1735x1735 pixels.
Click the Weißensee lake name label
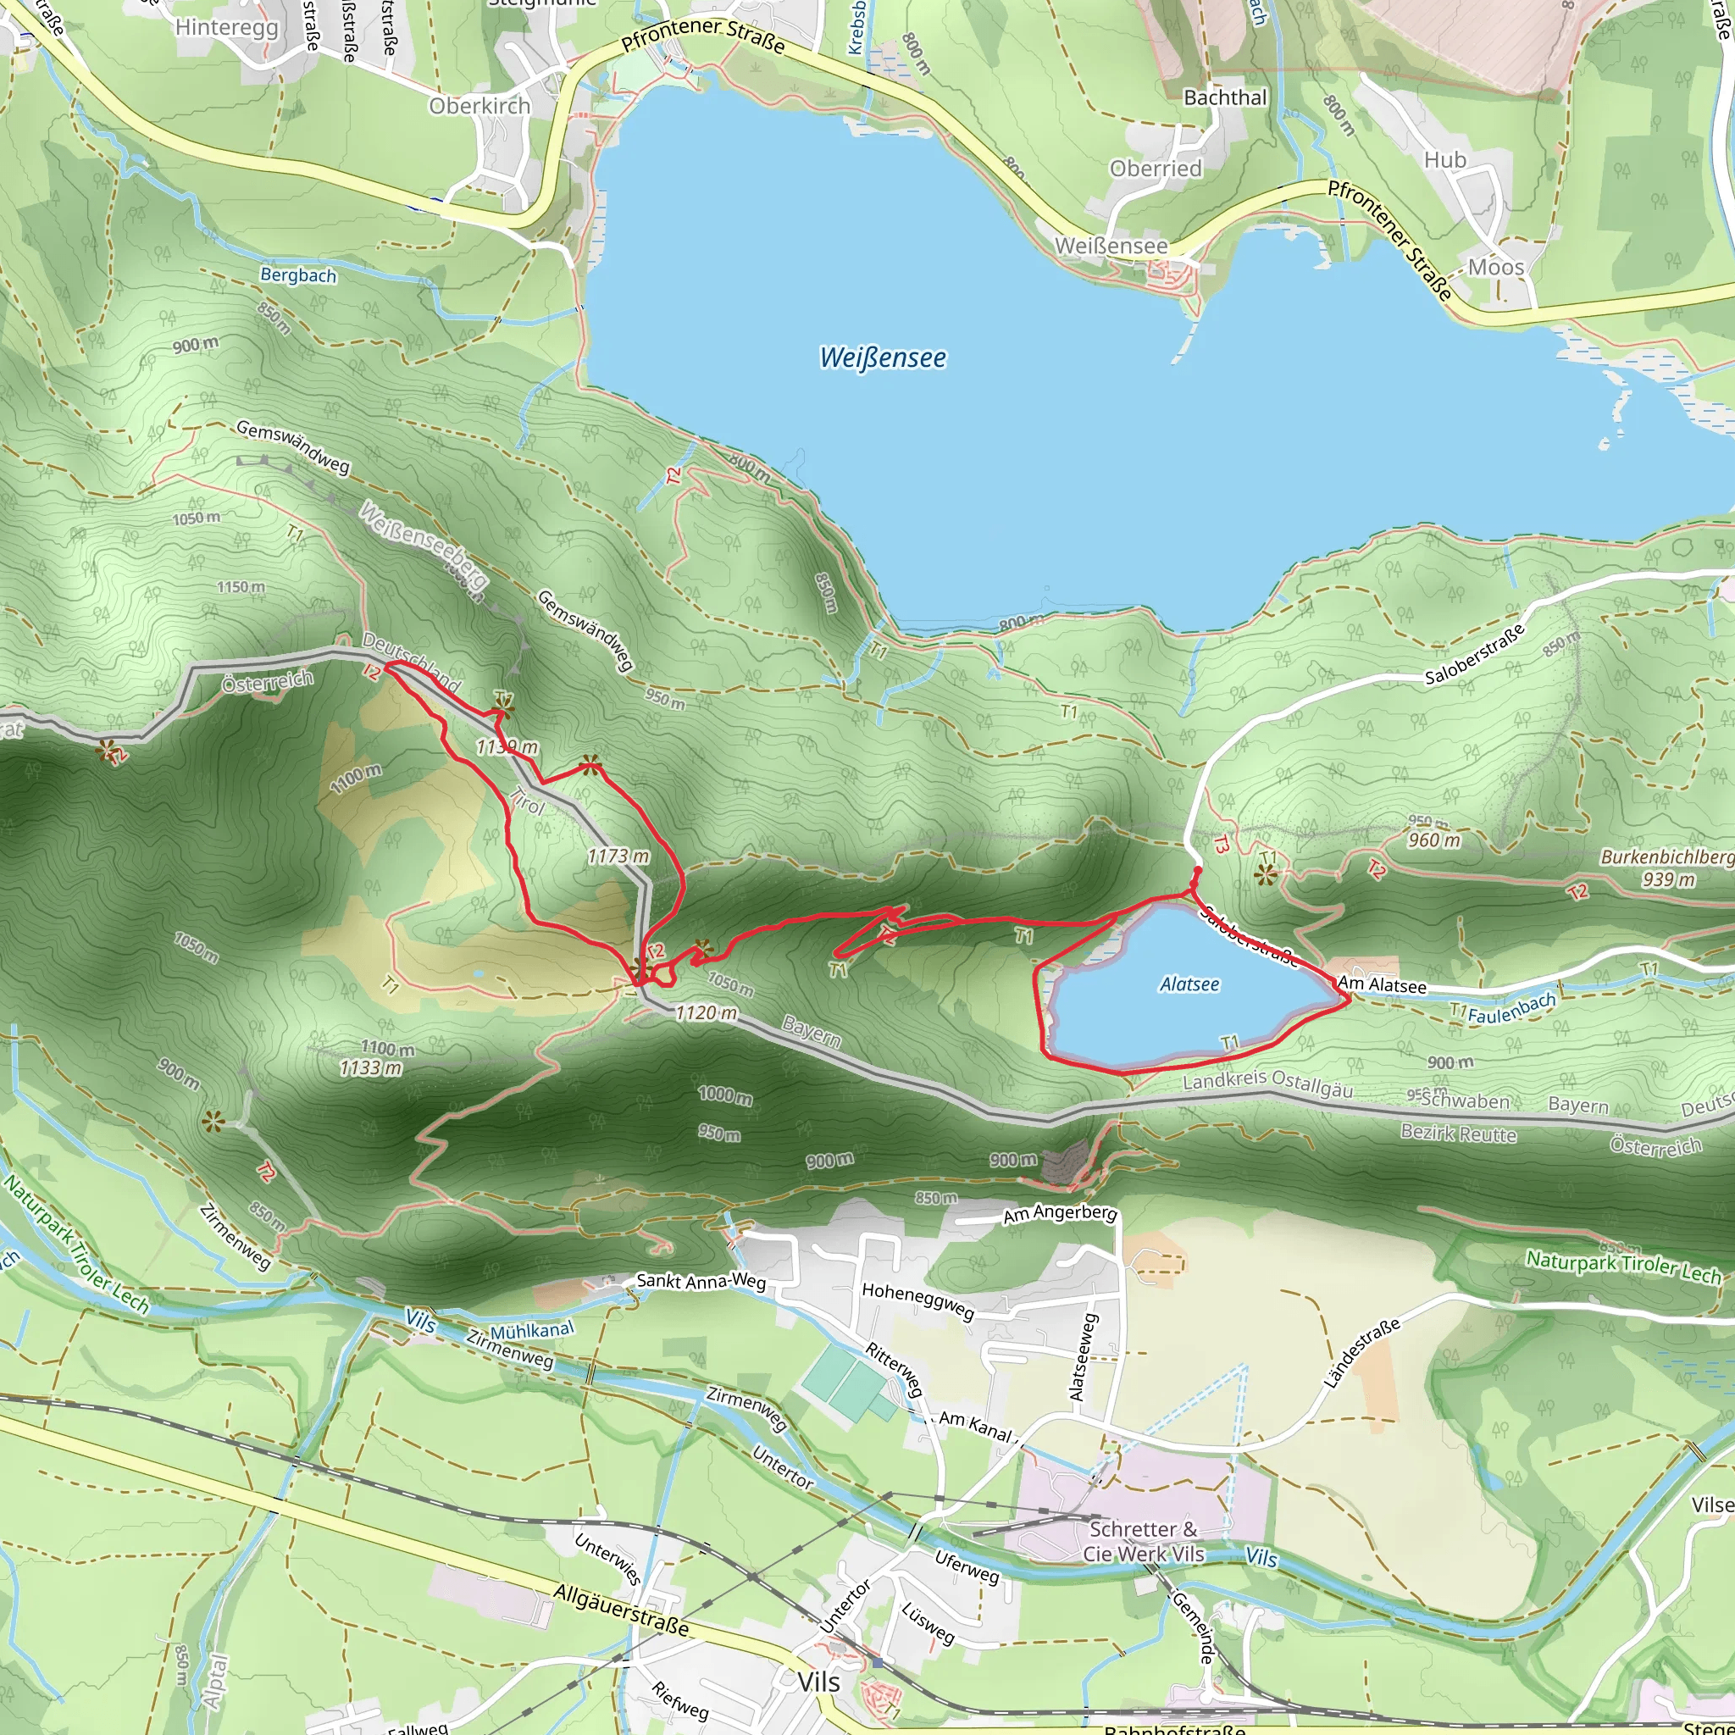(882, 358)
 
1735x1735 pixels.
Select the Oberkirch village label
(479, 106)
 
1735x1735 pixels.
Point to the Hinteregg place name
(226, 27)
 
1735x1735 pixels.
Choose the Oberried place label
(1155, 169)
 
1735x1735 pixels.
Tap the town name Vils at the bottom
(818, 1682)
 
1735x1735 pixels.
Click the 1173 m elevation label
(618, 856)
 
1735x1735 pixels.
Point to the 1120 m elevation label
(706, 1013)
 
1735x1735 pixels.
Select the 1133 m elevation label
(370, 1067)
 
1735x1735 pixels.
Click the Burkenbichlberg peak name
(1666, 856)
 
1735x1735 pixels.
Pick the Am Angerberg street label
(1060, 1214)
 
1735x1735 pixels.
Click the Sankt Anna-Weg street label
(701, 1282)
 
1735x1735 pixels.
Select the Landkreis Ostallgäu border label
(1267, 1084)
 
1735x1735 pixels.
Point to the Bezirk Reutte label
(1459, 1134)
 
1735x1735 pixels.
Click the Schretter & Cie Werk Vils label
(1143, 1542)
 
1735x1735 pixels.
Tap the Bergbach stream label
(298, 274)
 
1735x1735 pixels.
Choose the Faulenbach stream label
(1511, 1008)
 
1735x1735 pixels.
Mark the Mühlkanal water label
(532, 1330)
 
